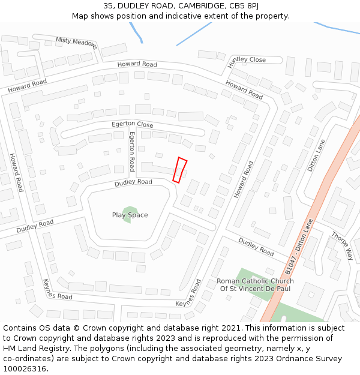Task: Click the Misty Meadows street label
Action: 76,41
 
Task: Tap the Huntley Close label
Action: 247,60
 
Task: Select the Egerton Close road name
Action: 133,124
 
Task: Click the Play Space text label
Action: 130,215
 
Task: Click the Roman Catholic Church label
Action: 255,281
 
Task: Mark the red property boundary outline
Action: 180,170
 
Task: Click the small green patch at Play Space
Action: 127,214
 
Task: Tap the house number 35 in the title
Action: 108,5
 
